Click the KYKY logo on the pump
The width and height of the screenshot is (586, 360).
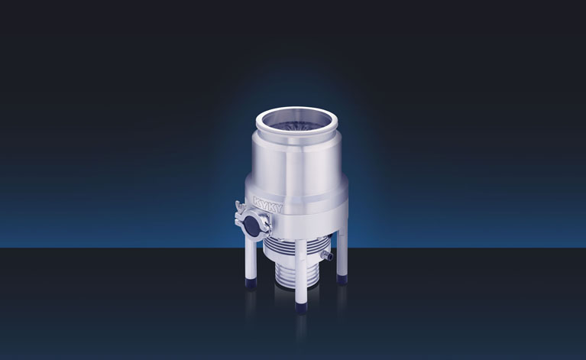[x=268, y=204]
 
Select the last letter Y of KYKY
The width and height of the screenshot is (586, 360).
[x=279, y=208]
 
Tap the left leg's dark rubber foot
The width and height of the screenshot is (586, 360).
[x=250, y=282]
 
